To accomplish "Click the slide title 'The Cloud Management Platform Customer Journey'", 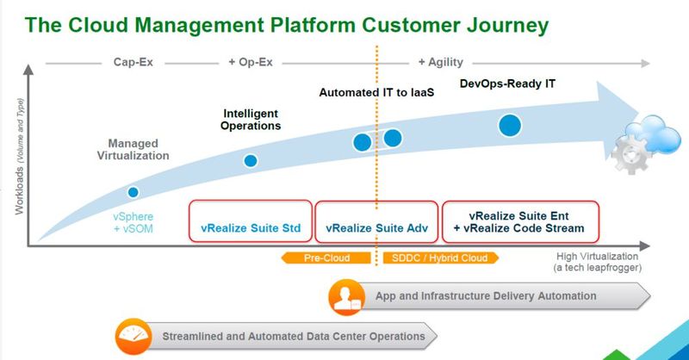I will (x=286, y=25).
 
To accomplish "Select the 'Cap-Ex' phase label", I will (x=133, y=62).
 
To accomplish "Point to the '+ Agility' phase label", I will (x=440, y=62).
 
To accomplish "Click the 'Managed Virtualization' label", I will (x=139, y=149).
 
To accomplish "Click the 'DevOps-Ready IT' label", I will (x=508, y=84).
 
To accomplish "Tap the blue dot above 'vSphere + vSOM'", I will (x=133, y=192).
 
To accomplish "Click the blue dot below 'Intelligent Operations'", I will (x=251, y=160).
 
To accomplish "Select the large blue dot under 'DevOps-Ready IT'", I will (x=510, y=126).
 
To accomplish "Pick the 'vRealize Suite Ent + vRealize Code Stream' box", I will (x=519, y=223).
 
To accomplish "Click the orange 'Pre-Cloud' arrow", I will (x=325, y=258).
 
